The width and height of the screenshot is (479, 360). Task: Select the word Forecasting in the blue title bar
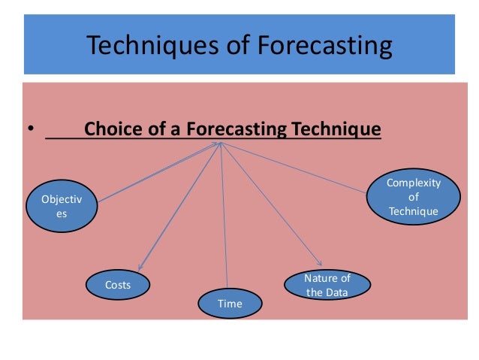(x=325, y=46)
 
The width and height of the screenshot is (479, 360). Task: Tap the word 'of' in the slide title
(x=230, y=46)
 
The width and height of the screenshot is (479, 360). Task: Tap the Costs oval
(x=118, y=285)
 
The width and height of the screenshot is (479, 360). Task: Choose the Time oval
(x=230, y=303)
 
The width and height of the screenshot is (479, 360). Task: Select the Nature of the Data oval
(x=327, y=286)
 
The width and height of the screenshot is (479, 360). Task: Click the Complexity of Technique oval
(x=413, y=198)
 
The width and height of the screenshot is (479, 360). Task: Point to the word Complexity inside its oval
(x=414, y=183)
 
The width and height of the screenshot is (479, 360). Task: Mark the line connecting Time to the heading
(x=224, y=218)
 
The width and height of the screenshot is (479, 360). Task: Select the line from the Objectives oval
(x=158, y=172)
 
